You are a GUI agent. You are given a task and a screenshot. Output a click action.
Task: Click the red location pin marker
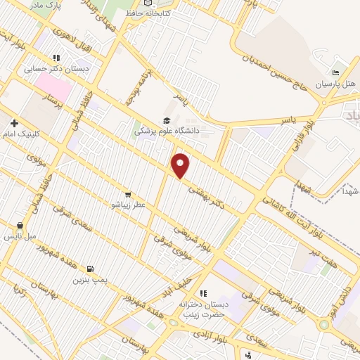point(181,165)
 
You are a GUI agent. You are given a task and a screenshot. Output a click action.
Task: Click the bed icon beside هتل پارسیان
point(336,72)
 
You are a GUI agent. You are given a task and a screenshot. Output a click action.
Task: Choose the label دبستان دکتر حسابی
point(50,69)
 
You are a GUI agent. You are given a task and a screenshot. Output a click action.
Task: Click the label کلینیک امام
point(25,133)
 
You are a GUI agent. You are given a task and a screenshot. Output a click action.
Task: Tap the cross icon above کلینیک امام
point(14,122)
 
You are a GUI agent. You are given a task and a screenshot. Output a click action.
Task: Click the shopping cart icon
point(127,193)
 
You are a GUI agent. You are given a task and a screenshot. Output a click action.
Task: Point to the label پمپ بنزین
point(89,279)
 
